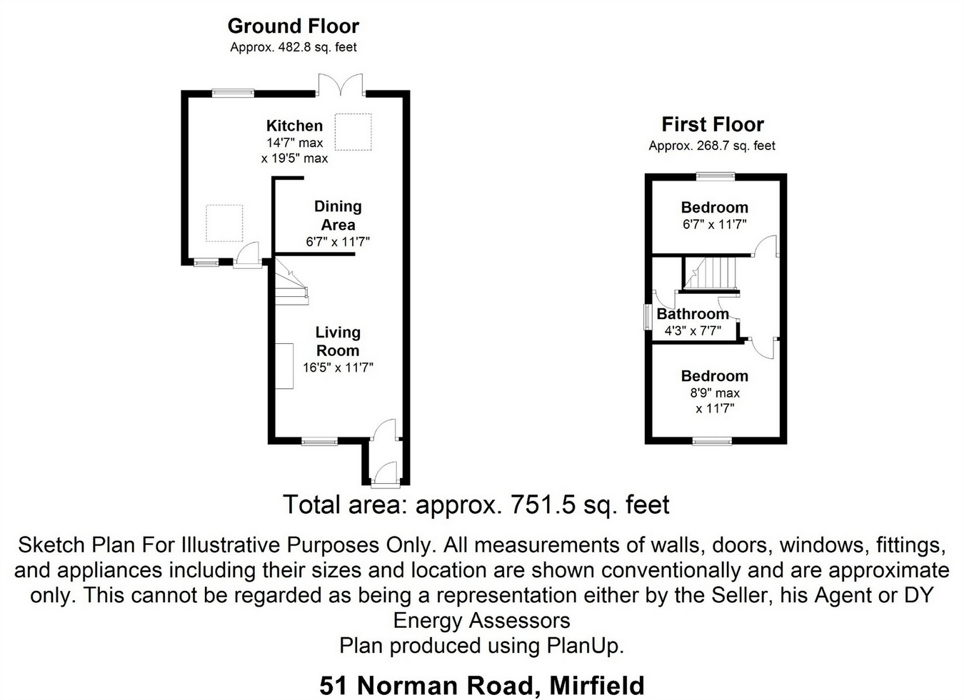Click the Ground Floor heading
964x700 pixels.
pos(293,26)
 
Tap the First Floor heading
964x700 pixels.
pos(712,125)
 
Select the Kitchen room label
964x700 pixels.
pos(294,126)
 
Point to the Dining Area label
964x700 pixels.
pos(338,215)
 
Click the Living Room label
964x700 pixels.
pos(338,341)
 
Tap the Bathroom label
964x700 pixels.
pos(692,314)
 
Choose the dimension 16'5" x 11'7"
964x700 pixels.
pos(338,368)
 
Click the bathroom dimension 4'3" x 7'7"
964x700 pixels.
pos(692,331)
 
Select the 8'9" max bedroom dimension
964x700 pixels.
pos(714,393)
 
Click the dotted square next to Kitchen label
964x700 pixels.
pos(353,132)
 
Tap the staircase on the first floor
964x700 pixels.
pos(711,273)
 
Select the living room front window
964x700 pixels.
pos(318,442)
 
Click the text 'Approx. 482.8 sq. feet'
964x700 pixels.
pos(293,48)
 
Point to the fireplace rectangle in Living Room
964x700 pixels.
pos(285,365)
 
